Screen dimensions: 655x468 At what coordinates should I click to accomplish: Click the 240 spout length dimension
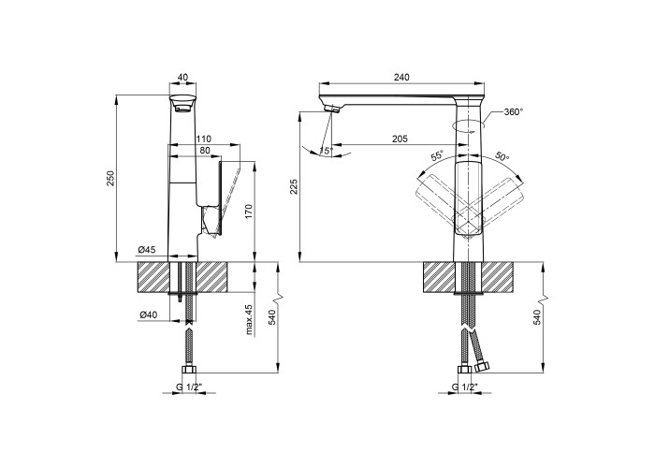[x=401, y=78]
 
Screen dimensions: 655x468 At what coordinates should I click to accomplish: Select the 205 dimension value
[x=400, y=139]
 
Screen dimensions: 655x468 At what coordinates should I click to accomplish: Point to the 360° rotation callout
[x=514, y=112]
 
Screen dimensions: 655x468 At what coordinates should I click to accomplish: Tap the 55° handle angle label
[x=437, y=156]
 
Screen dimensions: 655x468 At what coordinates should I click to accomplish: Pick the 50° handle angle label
[x=502, y=156]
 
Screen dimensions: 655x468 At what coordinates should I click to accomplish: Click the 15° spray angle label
[x=326, y=151]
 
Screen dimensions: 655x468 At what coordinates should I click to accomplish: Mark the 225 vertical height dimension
[x=294, y=187]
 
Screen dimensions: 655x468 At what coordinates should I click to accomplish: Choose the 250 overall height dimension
[x=110, y=179]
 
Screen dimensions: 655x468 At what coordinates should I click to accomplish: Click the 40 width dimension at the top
[x=182, y=78]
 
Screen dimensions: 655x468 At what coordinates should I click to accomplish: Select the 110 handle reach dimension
[x=204, y=139]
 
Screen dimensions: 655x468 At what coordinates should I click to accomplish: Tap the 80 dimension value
[x=205, y=151]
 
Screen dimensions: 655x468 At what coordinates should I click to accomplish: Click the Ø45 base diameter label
[x=147, y=250]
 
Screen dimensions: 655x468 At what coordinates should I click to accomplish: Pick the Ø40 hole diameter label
[x=148, y=315]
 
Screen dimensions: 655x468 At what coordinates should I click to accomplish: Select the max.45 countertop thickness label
[x=250, y=320]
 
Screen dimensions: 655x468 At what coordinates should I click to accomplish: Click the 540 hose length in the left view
[x=272, y=317]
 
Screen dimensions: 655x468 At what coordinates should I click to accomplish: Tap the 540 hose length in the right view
[x=537, y=317]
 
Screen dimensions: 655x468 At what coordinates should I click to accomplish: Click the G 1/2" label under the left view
[x=189, y=387]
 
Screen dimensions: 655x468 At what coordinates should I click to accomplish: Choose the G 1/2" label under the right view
[x=464, y=387]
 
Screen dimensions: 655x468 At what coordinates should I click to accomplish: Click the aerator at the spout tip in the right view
[x=332, y=109]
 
